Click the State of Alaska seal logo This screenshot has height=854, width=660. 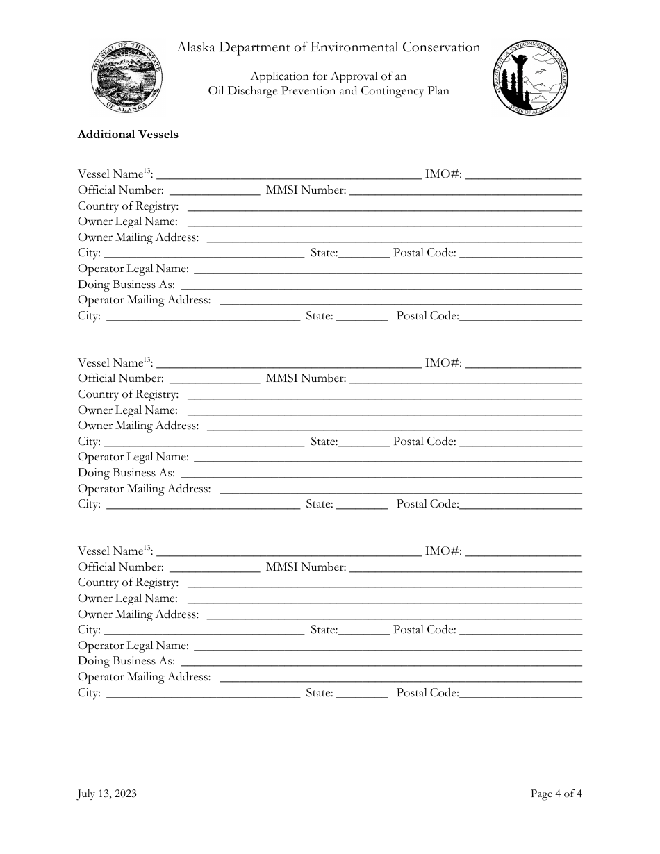[127, 78]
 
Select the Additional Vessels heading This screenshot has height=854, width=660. [128, 135]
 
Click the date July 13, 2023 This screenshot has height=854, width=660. [107, 794]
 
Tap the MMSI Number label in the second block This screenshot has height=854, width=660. [306, 378]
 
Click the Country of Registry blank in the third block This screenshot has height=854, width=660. [384, 583]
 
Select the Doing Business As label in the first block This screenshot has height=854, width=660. [126, 285]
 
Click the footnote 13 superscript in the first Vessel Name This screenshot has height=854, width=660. [147, 171]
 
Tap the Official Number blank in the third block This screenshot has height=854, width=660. [214, 568]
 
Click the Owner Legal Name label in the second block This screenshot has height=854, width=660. [128, 410]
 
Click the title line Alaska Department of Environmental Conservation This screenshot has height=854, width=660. [329, 47]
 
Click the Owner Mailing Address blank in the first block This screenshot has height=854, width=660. [394, 238]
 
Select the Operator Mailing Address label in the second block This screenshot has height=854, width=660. [145, 489]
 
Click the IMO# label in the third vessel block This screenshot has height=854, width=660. [443, 551]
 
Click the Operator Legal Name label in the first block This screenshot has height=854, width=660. [133, 269]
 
